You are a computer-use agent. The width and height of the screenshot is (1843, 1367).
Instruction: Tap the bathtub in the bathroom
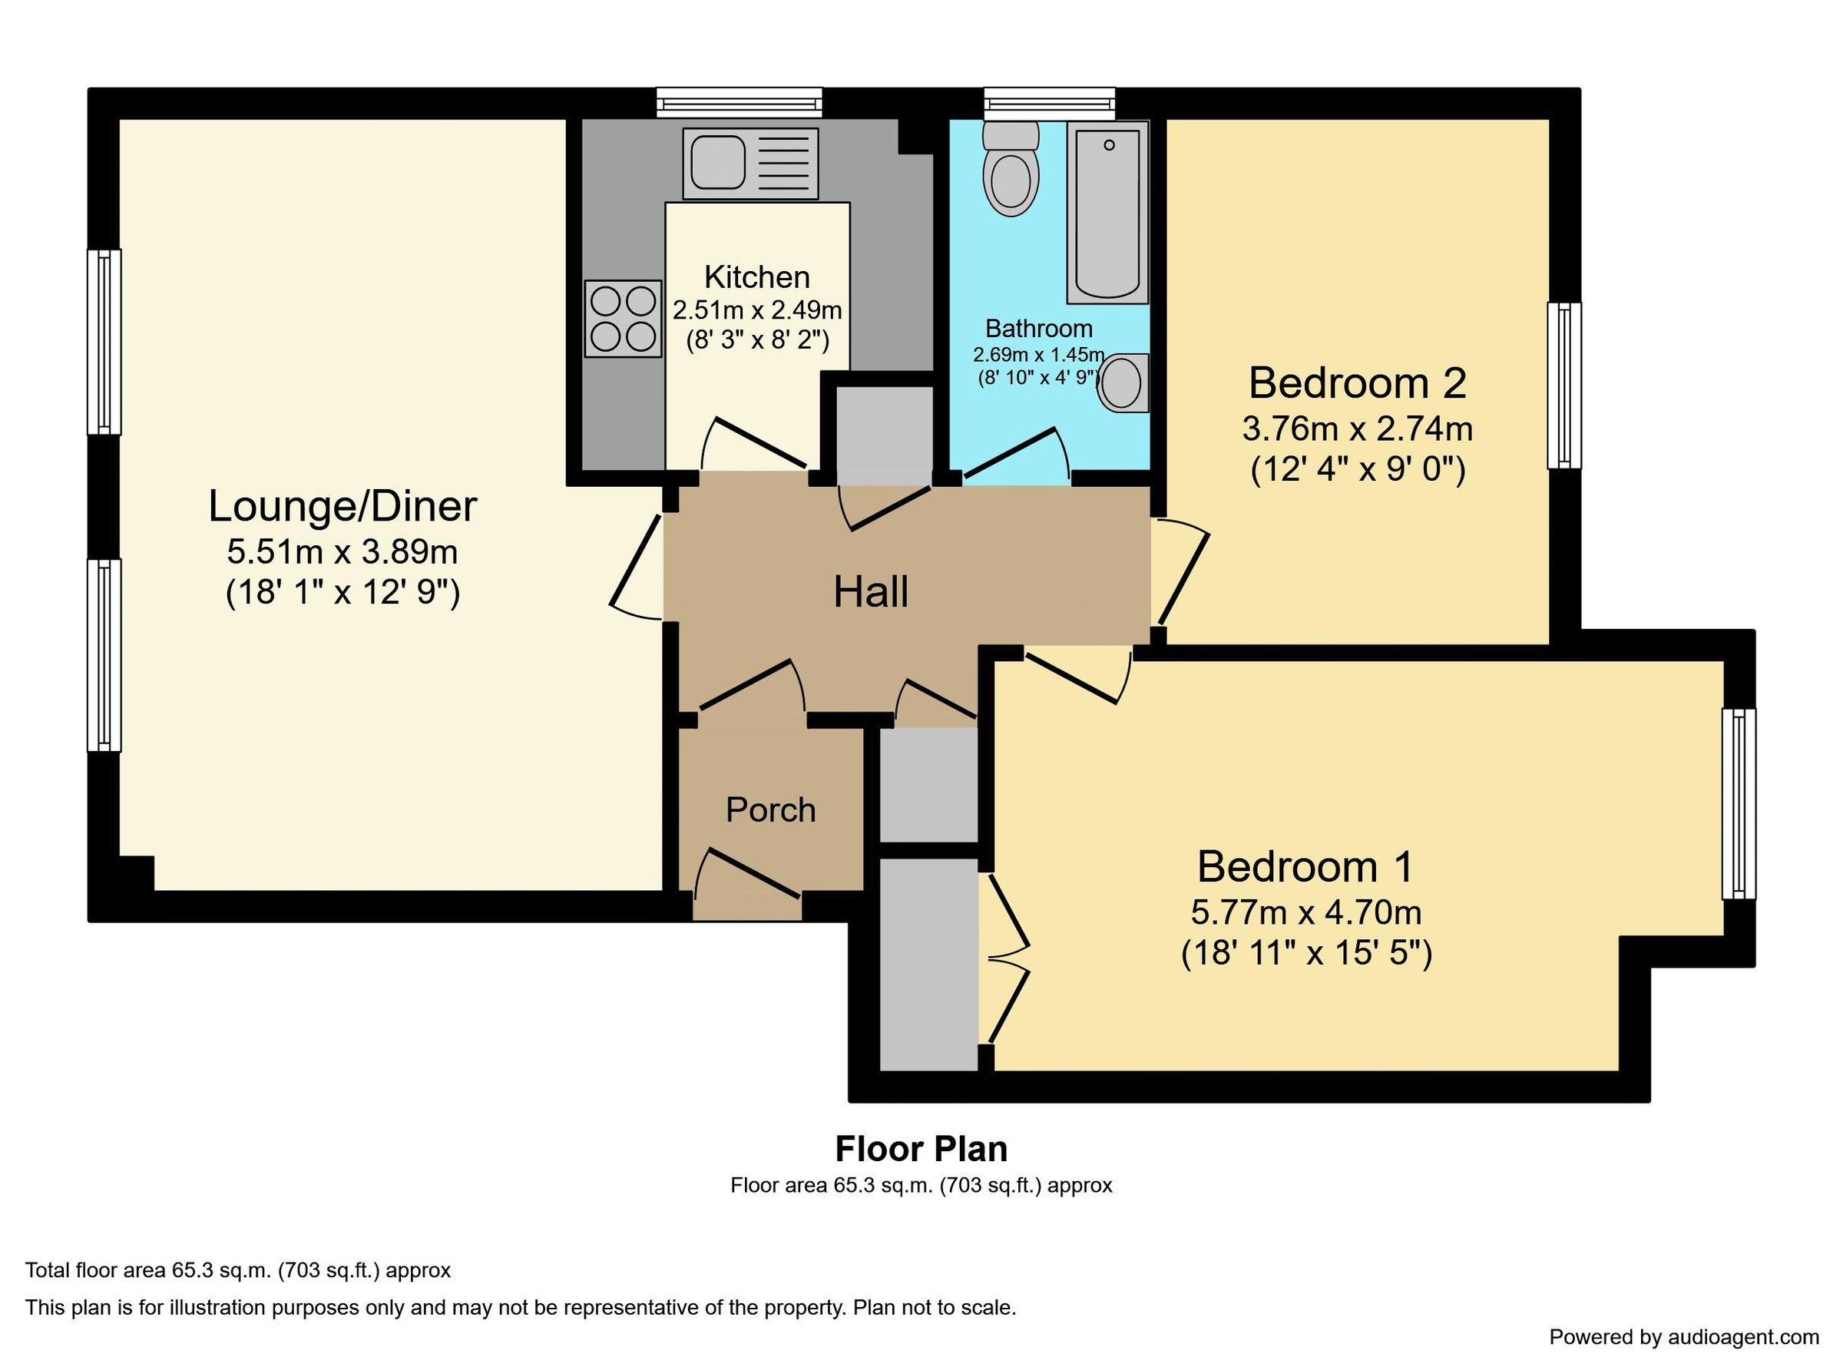[x=1107, y=213]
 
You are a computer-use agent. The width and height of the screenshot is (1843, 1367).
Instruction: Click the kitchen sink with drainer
[x=749, y=163]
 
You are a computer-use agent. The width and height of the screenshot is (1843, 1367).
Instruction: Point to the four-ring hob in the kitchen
[x=623, y=319]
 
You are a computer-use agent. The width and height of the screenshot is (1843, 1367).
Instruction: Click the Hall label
[x=870, y=592]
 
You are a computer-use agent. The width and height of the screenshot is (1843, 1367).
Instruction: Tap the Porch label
[x=770, y=810]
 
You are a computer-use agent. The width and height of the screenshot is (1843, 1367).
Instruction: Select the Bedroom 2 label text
[x=1357, y=383]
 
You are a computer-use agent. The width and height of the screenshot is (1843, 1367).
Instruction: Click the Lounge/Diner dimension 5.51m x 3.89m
[x=342, y=551]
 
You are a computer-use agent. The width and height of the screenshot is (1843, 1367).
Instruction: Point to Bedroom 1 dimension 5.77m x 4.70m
[x=1305, y=912]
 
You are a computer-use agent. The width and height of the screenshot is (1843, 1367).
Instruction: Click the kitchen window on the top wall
[x=740, y=103]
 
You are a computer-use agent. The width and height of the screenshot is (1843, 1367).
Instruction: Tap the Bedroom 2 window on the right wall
[x=1563, y=386]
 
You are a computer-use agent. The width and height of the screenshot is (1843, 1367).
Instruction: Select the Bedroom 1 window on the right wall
[x=1738, y=803]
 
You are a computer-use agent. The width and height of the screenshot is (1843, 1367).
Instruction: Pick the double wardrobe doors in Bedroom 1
[x=1008, y=961]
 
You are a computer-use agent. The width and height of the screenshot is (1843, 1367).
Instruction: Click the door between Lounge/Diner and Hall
[x=635, y=568]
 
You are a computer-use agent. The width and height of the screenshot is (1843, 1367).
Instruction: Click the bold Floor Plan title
[x=921, y=1150]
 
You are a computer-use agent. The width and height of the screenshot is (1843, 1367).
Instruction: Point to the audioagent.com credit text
[x=1683, y=1337]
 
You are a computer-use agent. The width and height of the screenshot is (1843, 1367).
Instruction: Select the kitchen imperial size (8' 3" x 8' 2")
[x=757, y=340]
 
